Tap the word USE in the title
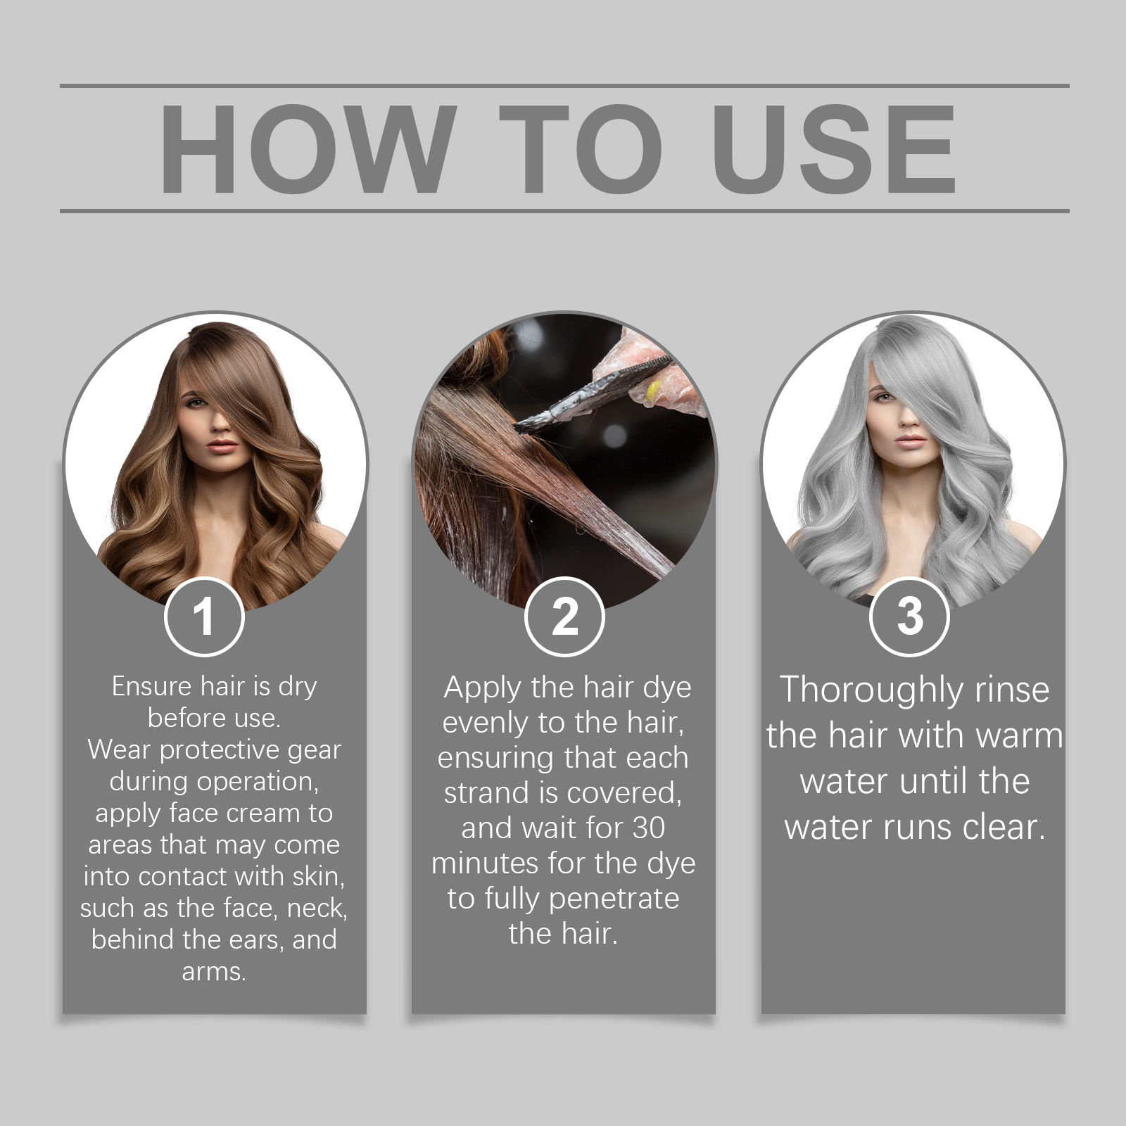coord(834,149)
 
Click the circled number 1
coord(204,617)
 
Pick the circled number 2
coord(564,617)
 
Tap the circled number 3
coord(909,617)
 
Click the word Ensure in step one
coord(151,686)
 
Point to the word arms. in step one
coord(214,972)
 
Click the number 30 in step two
coord(648,828)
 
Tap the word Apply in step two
coord(483,688)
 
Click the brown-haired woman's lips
coord(222,446)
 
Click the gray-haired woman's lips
coord(911,441)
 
